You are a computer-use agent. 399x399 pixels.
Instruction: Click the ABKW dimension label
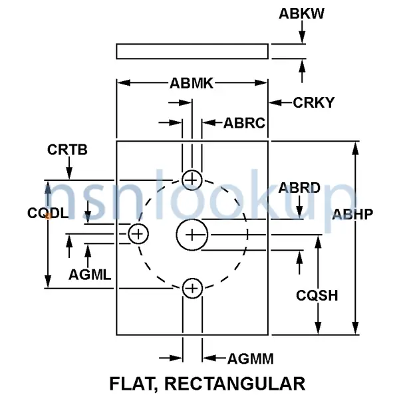pyautogui.click(x=301, y=14)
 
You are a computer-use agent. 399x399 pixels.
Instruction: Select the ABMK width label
pyautogui.click(x=192, y=83)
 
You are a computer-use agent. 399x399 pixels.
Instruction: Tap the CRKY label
pyautogui.click(x=313, y=103)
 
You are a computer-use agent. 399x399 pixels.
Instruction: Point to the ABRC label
pyautogui.click(x=244, y=123)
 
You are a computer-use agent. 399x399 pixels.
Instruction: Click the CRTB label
pyautogui.click(x=67, y=150)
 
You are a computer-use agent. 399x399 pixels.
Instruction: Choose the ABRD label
pyautogui.click(x=299, y=188)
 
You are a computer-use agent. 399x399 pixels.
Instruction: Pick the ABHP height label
pyautogui.click(x=352, y=214)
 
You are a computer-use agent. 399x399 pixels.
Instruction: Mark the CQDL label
pyautogui.click(x=48, y=213)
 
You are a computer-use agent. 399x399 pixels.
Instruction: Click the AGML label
pyautogui.click(x=90, y=275)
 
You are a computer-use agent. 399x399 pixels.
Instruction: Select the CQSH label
pyautogui.click(x=317, y=295)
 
